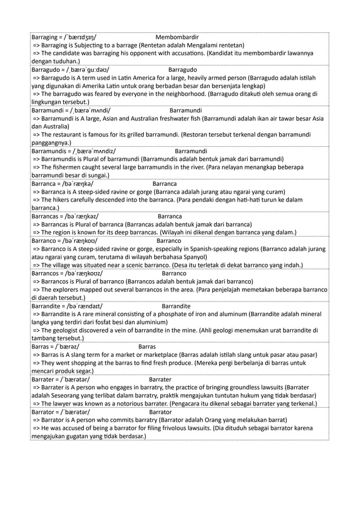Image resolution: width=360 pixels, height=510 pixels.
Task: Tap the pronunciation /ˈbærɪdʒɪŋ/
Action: pos(82,38)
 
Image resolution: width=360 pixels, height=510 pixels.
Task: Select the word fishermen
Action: pos(65,168)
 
